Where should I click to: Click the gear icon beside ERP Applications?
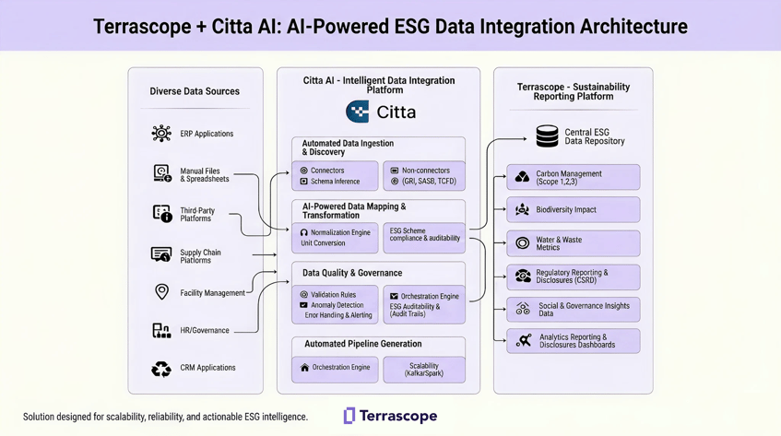pos(161,134)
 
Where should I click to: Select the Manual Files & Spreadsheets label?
pos(205,175)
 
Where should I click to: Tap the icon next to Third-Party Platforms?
pos(161,214)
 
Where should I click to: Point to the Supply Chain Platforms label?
pos(201,256)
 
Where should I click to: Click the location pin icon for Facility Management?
pos(161,292)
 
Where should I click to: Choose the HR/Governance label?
pos(205,330)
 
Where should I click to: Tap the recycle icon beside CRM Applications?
pos(161,369)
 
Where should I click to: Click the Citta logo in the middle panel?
pos(380,112)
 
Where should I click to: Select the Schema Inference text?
pos(335,182)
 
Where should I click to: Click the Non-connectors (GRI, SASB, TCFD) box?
pos(423,176)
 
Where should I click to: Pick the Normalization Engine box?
pos(335,238)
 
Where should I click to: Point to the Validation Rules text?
pos(333,295)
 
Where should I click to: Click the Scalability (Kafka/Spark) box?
pos(423,370)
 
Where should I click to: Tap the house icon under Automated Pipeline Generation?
pos(305,368)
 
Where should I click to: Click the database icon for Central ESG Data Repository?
pos(547,137)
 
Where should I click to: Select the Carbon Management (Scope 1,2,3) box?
pos(573,177)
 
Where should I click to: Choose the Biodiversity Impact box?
pos(573,210)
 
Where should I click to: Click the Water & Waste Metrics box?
pos(573,243)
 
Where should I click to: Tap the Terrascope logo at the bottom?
pos(390,416)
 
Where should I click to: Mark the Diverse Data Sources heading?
pos(195,91)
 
